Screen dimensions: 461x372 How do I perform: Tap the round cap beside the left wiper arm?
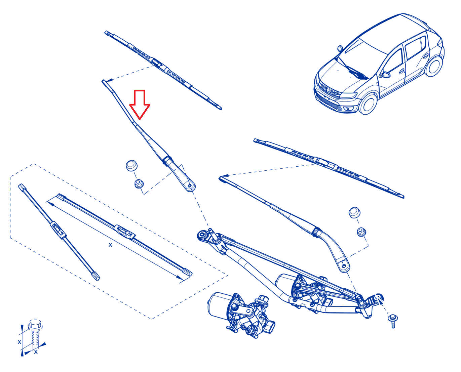point(131,165)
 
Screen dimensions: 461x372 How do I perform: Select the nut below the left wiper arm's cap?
point(139,183)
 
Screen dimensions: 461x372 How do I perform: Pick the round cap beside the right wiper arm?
point(354,212)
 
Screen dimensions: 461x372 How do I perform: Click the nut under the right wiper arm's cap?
point(361,232)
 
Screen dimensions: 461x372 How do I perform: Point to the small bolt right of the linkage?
point(393,321)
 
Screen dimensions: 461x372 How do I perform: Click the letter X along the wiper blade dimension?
point(110,245)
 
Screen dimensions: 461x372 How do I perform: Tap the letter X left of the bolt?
point(19,342)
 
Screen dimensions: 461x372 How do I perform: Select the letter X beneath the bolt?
point(36,352)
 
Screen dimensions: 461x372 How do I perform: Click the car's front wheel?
point(368,104)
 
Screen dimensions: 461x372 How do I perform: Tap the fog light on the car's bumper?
point(348,108)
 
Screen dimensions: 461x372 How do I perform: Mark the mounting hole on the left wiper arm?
point(190,185)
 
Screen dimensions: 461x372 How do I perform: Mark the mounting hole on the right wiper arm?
point(343,266)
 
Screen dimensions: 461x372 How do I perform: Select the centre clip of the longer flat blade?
point(124,232)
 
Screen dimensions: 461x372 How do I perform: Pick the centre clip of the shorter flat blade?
point(58,230)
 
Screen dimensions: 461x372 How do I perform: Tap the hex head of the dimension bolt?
point(35,324)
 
